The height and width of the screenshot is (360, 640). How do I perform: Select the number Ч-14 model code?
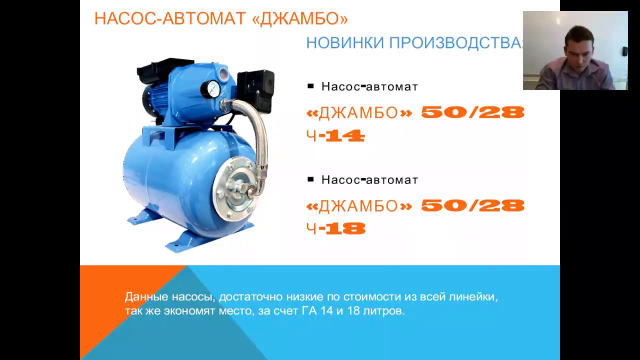click(x=336, y=136)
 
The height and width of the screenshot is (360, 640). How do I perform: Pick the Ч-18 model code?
click(x=336, y=229)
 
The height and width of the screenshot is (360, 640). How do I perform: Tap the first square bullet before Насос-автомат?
click(x=310, y=86)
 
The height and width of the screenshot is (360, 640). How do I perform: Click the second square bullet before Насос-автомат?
click(x=310, y=179)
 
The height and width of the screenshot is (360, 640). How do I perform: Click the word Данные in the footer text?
click(x=144, y=297)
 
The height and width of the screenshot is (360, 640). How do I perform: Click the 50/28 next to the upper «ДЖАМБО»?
click(x=472, y=112)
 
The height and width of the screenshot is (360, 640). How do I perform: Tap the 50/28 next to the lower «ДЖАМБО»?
click(x=472, y=205)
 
